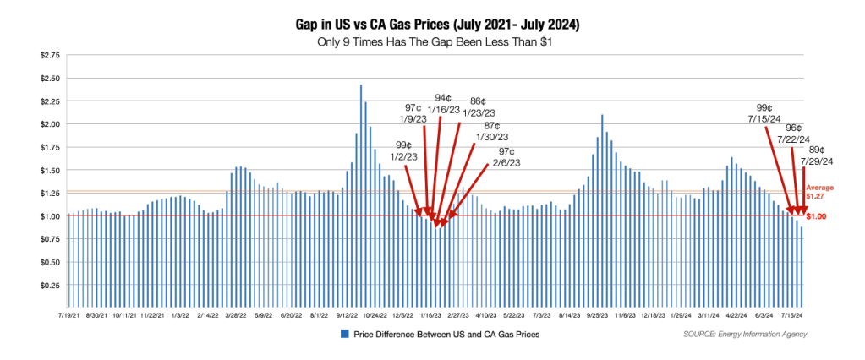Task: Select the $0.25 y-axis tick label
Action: [x=50, y=285]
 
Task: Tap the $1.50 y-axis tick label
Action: [x=50, y=170]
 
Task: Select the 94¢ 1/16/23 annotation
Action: [x=447, y=104]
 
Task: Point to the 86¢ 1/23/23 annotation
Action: [x=478, y=107]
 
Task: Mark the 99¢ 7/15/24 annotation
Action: [x=769, y=113]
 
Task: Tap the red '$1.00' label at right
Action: [x=817, y=217]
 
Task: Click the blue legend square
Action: [x=344, y=335]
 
